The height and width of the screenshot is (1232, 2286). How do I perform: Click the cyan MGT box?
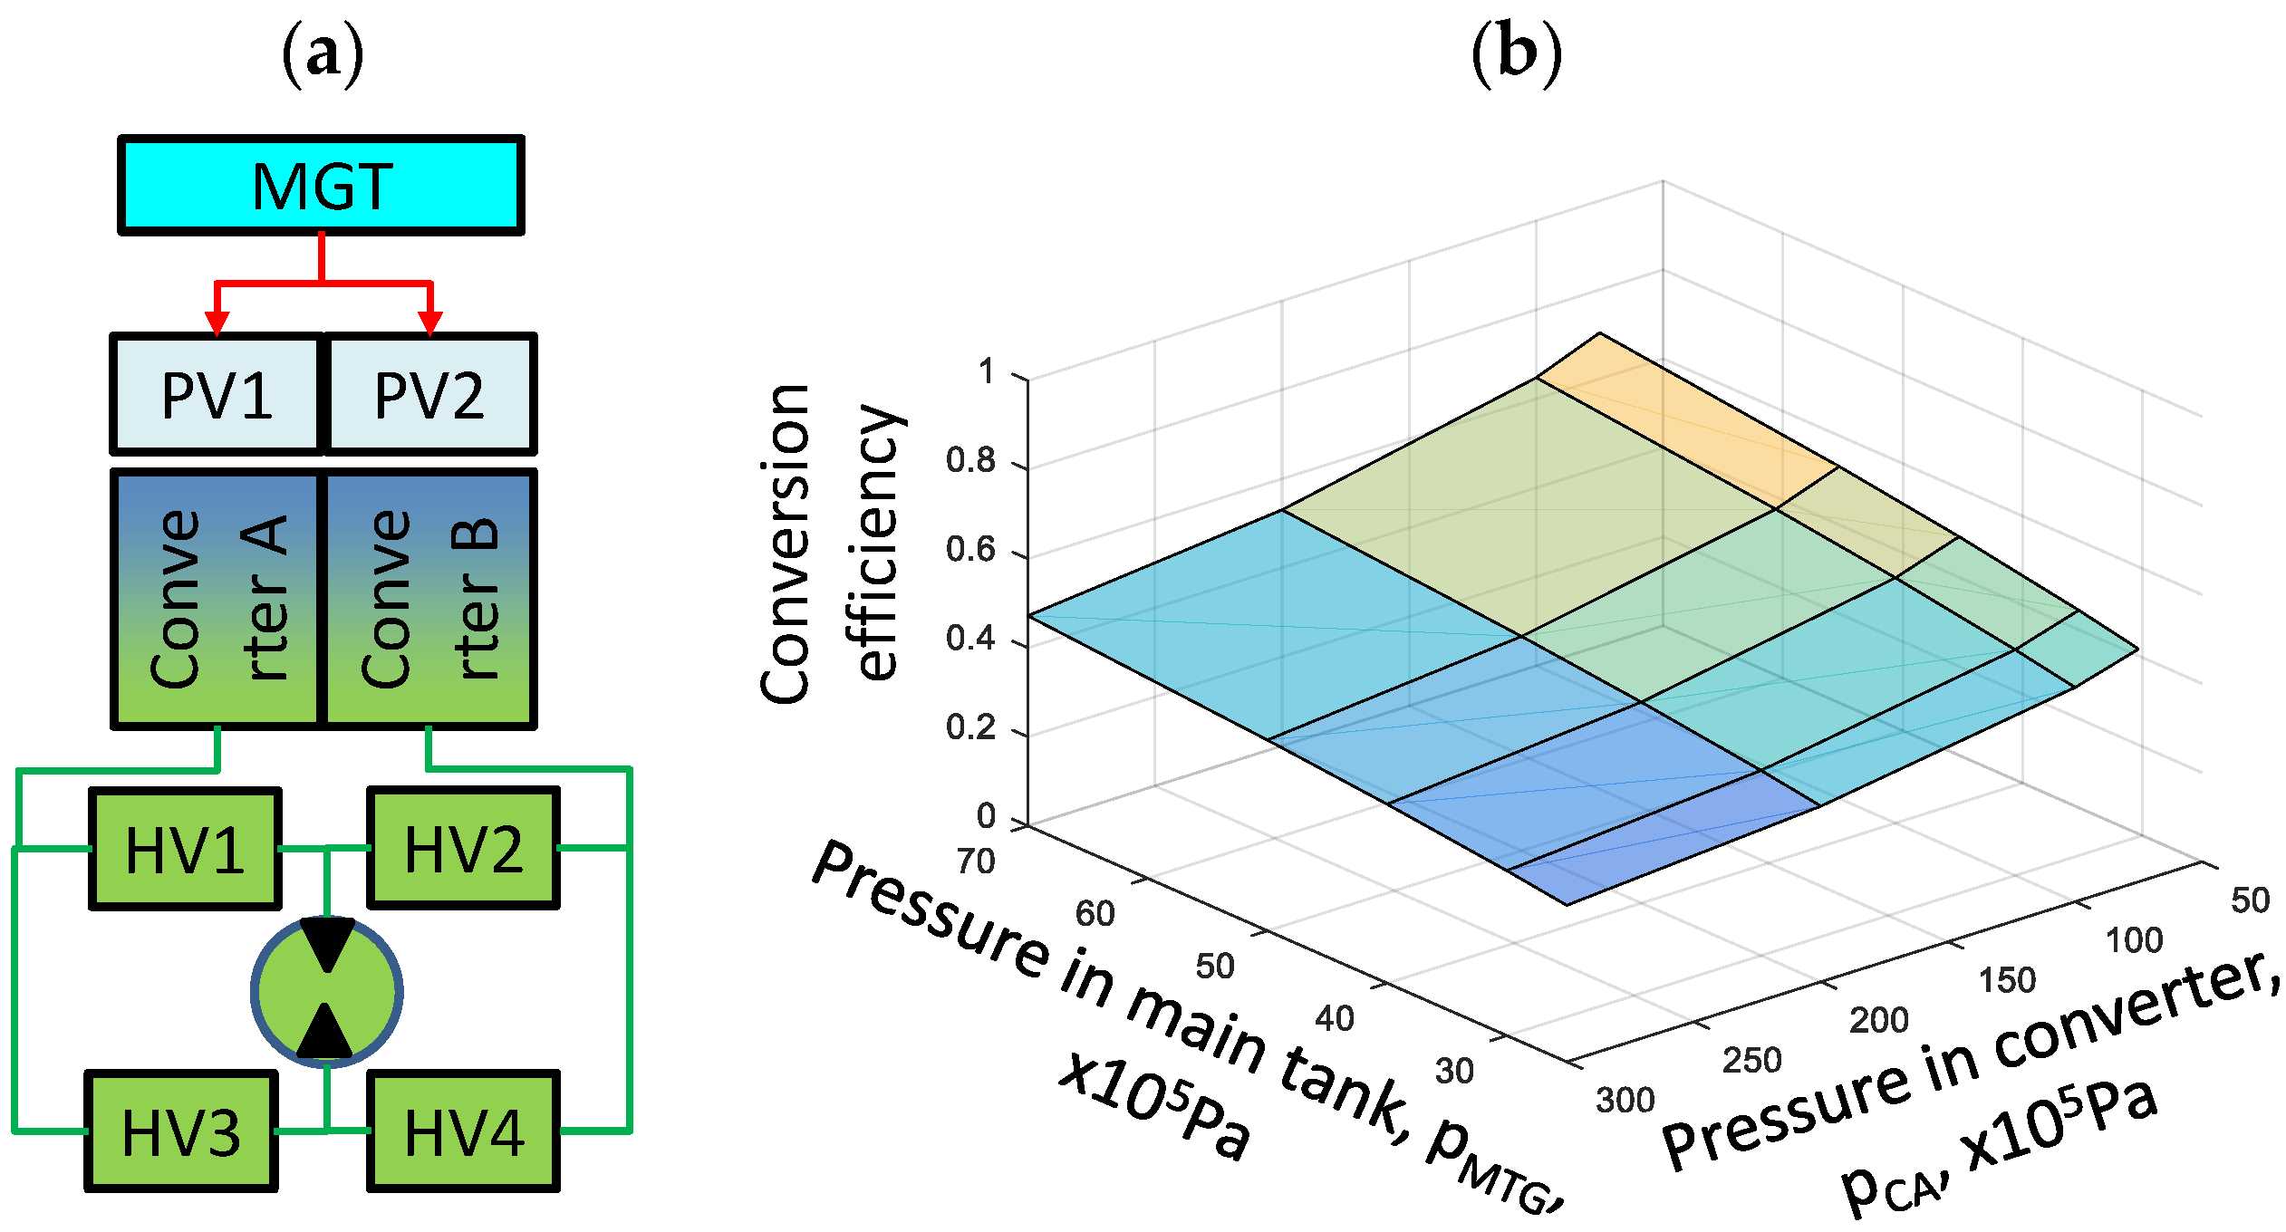pyautogui.click(x=321, y=186)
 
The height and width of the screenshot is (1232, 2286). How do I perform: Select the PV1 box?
pyautogui.click(x=217, y=394)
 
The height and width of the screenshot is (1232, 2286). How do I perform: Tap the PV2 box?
pyautogui.click(x=429, y=394)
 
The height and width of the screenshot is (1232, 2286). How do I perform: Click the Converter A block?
pyautogui.click(x=217, y=599)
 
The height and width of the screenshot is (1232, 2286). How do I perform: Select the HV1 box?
pyautogui.click(x=185, y=849)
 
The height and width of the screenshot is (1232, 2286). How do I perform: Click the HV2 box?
pyautogui.click(x=463, y=849)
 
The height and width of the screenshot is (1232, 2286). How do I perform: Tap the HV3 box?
pyautogui.click(x=181, y=1131)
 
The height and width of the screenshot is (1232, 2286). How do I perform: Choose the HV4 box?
pyautogui.click(x=463, y=1131)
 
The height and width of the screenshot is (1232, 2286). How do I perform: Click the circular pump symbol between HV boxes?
pyautogui.click(x=326, y=992)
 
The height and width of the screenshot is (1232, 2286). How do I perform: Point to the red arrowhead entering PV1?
pyautogui.click(x=217, y=322)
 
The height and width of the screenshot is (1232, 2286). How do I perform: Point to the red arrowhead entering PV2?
pyautogui.click(x=429, y=322)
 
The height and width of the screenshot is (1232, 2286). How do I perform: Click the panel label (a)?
pyautogui.click(x=323, y=54)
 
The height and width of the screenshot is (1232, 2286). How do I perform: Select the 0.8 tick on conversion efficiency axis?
pyautogui.click(x=970, y=461)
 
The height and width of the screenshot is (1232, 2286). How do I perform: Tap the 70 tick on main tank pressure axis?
pyautogui.click(x=976, y=861)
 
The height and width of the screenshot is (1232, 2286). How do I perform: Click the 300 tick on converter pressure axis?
pyautogui.click(x=1625, y=1101)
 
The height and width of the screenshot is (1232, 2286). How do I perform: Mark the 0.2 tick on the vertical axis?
pyautogui.click(x=970, y=728)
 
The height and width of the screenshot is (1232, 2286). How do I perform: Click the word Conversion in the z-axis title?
pyautogui.click(x=786, y=544)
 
